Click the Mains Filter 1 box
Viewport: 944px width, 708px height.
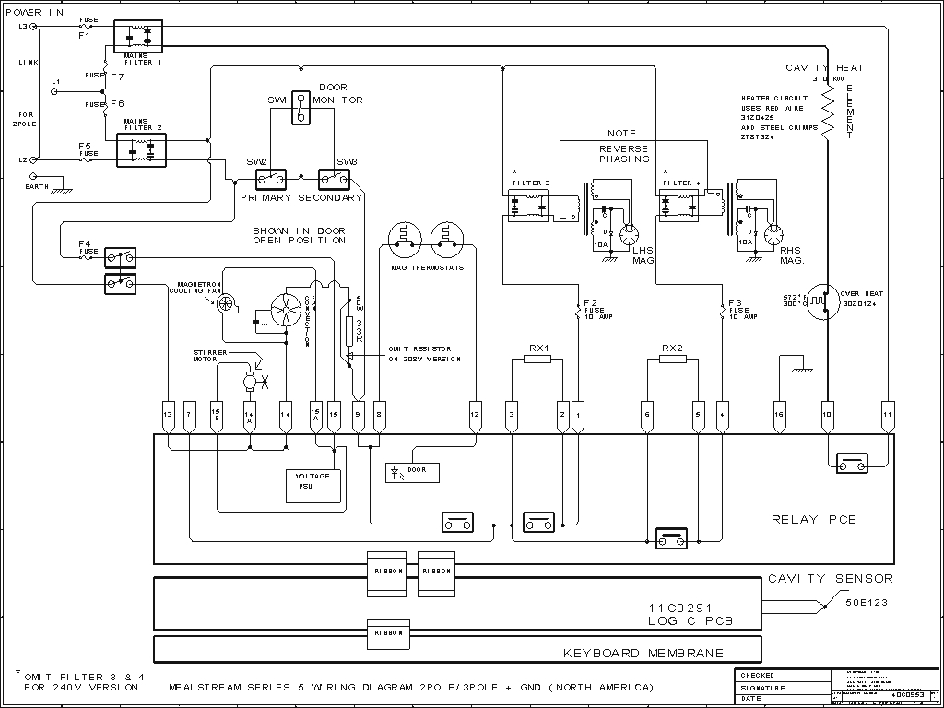coord(137,35)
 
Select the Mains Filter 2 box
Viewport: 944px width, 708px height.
coord(141,150)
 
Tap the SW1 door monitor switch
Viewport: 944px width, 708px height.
coord(301,106)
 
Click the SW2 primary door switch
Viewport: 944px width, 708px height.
coord(271,177)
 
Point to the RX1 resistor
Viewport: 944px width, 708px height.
coord(537,359)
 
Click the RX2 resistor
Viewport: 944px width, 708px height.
coord(673,359)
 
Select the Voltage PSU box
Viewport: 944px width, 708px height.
coord(313,480)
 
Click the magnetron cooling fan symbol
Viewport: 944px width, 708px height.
coord(227,304)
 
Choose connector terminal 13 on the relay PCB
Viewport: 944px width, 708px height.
coord(167,415)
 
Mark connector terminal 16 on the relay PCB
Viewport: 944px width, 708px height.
coord(779,415)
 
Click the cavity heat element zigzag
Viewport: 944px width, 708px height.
coord(828,111)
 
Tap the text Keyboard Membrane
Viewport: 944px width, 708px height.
coord(643,654)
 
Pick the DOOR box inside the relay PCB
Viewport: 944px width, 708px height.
coord(412,473)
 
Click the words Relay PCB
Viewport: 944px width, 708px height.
coord(814,520)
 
